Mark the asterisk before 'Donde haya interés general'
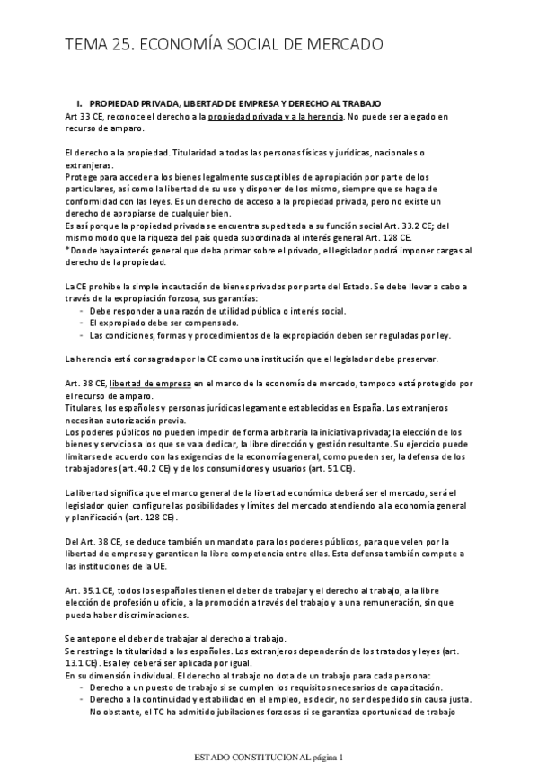(x=68, y=251)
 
